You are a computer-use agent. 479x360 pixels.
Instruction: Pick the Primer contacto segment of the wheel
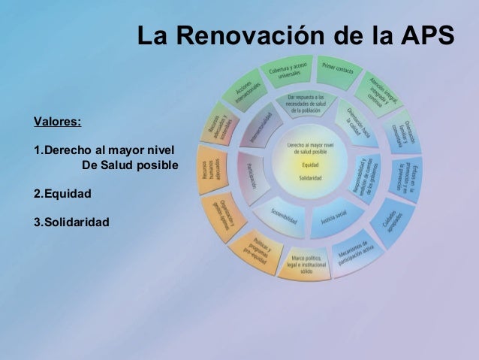pyautogui.click(x=337, y=68)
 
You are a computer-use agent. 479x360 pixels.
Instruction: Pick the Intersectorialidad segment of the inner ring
pyautogui.click(x=259, y=129)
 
